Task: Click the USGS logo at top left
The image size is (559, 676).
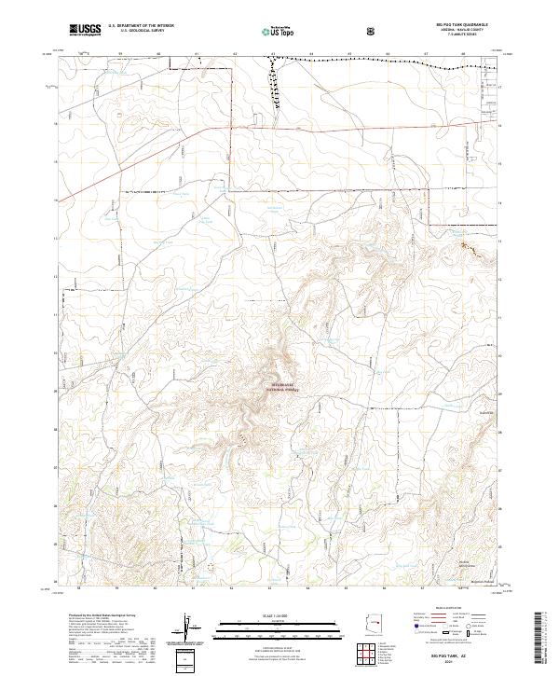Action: [86, 31]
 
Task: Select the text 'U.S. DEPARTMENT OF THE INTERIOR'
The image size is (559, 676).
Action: [141, 27]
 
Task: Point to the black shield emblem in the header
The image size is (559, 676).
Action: [373, 31]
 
